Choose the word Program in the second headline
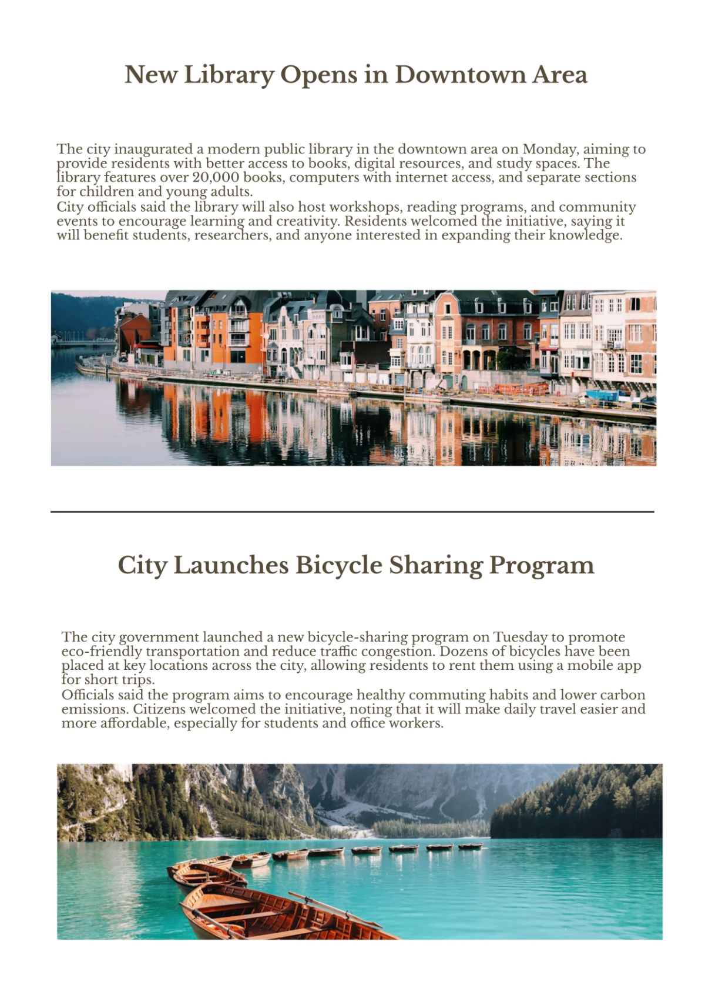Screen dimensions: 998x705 (542, 565)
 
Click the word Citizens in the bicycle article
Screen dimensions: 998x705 (161, 709)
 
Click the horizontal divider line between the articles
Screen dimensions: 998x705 (352, 512)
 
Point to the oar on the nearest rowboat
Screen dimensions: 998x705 (335, 909)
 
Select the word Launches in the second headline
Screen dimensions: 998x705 (230, 565)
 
